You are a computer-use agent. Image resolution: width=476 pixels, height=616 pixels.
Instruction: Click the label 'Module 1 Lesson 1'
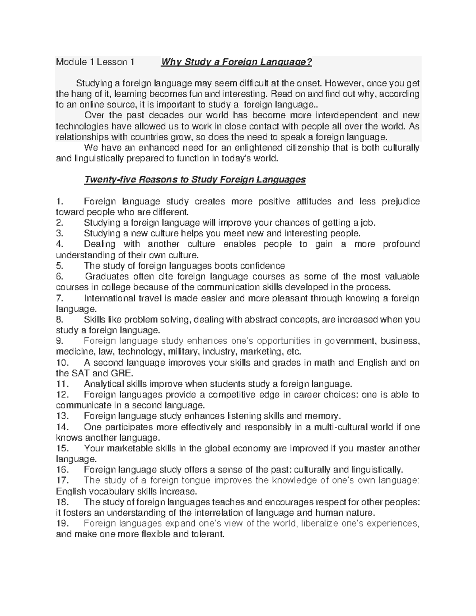95,62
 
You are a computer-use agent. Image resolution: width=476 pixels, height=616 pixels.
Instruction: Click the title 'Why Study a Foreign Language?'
236,62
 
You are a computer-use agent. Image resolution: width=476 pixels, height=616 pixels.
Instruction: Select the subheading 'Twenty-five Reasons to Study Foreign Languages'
195,180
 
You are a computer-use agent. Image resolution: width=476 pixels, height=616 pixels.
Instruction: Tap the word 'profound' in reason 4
401,244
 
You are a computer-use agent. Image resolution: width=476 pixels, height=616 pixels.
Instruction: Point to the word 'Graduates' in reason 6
107,276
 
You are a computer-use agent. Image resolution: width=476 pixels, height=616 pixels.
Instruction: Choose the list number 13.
62,416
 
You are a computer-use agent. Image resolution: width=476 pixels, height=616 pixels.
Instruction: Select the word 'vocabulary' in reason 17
110,491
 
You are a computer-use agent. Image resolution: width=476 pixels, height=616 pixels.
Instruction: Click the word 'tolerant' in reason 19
206,534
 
